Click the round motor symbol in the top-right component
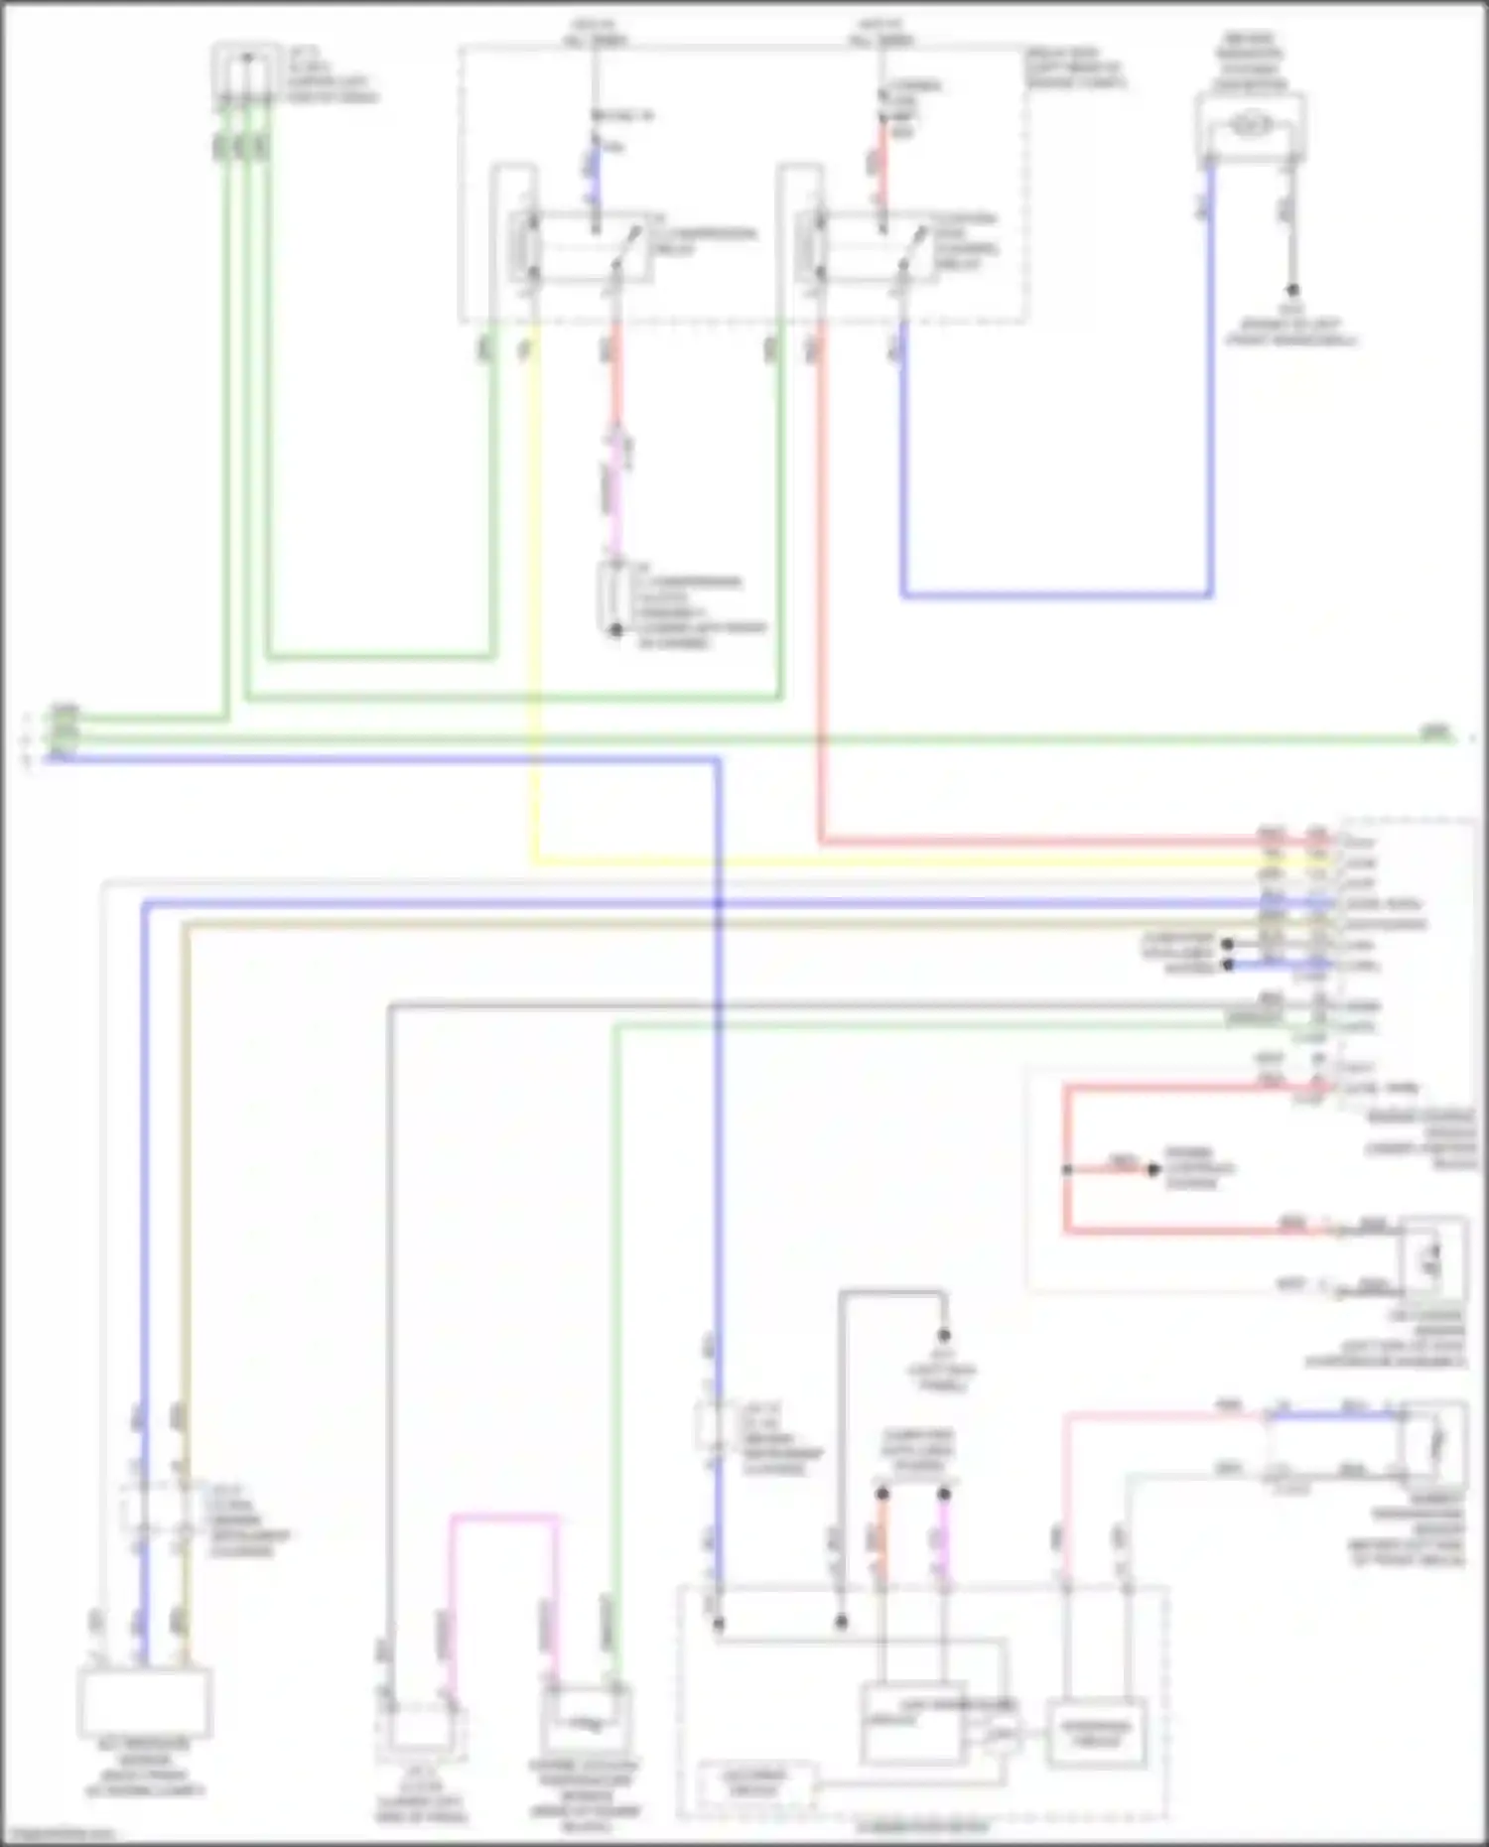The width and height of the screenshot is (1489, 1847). (x=1251, y=125)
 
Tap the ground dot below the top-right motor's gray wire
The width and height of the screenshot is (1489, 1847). (x=1292, y=291)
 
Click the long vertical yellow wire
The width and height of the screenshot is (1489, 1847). (x=535, y=595)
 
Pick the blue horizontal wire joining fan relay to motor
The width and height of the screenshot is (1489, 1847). (x=1057, y=595)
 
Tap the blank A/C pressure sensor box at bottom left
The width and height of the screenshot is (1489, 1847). (x=145, y=1701)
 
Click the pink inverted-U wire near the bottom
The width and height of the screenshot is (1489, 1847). (x=503, y=1517)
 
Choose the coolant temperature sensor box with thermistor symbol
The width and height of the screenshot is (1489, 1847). (x=587, y=1723)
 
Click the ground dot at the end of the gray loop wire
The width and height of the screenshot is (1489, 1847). (x=944, y=1336)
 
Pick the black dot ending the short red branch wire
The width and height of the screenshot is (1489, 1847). (x=1153, y=1170)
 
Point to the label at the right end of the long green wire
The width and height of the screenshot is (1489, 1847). (x=1435, y=733)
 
